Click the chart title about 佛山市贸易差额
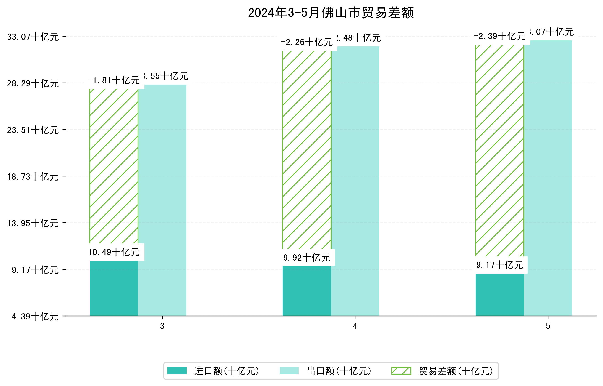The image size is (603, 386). coord(331,13)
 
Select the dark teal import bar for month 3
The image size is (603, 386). coord(114,288)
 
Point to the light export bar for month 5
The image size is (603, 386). coord(548,178)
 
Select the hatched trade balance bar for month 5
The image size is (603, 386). coord(500,150)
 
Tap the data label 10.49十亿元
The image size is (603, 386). coord(114,252)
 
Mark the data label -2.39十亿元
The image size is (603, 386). coord(499,36)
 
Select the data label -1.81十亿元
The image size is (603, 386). coord(114,80)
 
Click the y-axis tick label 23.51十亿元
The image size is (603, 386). coord(33,130)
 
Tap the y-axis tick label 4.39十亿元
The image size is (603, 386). coord(35,317)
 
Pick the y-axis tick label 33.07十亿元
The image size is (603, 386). coord(33,37)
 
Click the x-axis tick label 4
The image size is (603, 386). coord(355,326)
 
